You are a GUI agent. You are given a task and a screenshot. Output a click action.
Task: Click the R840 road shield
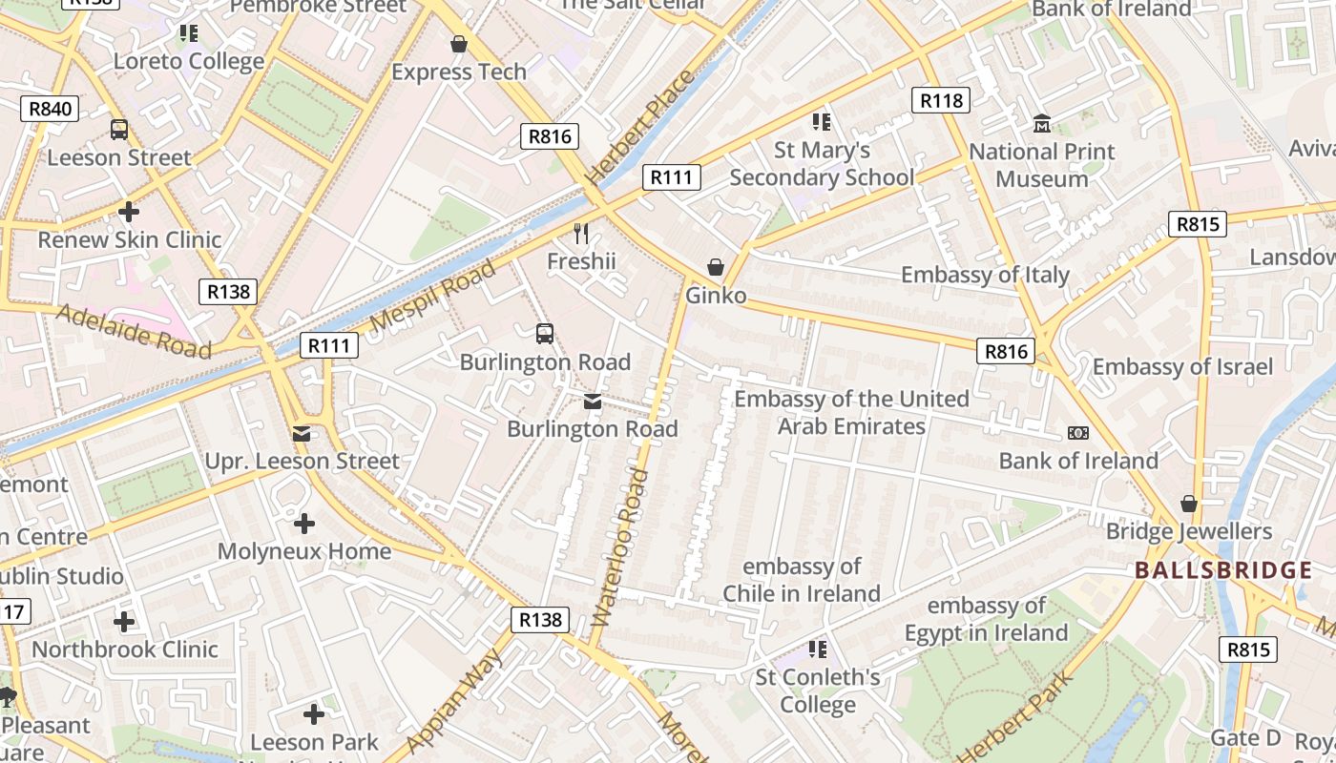coord(50,109)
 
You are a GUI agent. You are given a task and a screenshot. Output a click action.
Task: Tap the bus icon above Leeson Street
coord(119,130)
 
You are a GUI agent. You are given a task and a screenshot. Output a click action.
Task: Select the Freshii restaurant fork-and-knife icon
coord(581,234)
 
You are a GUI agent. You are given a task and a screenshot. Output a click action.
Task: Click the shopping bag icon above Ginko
coord(716,267)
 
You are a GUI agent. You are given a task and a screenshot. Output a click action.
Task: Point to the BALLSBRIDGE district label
coord(1223,571)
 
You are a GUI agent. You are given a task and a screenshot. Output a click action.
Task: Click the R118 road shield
coord(940,100)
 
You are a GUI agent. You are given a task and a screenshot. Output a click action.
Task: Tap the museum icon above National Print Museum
coord(1041,124)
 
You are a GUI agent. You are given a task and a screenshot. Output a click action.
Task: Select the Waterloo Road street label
coord(620,547)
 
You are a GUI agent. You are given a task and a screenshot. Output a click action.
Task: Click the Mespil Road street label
coord(432,295)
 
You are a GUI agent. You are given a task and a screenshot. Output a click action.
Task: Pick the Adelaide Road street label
coord(133,331)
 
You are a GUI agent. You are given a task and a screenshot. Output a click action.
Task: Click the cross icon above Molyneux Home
coord(304,524)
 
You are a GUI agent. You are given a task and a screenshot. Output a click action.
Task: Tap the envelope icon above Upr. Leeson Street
coord(302,435)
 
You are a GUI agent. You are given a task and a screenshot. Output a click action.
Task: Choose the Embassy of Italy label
coord(985,276)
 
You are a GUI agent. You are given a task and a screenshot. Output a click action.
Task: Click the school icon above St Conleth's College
coord(818,650)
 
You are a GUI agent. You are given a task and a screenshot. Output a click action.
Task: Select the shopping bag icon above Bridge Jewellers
coord(1189,504)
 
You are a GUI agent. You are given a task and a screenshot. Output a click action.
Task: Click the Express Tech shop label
coord(459,72)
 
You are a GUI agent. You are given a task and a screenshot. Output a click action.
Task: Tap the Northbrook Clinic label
coord(125,650)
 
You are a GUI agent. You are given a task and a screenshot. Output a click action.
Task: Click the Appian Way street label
coord(453,702)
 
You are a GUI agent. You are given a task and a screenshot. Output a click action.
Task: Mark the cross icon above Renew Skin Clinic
coord(129,212)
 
